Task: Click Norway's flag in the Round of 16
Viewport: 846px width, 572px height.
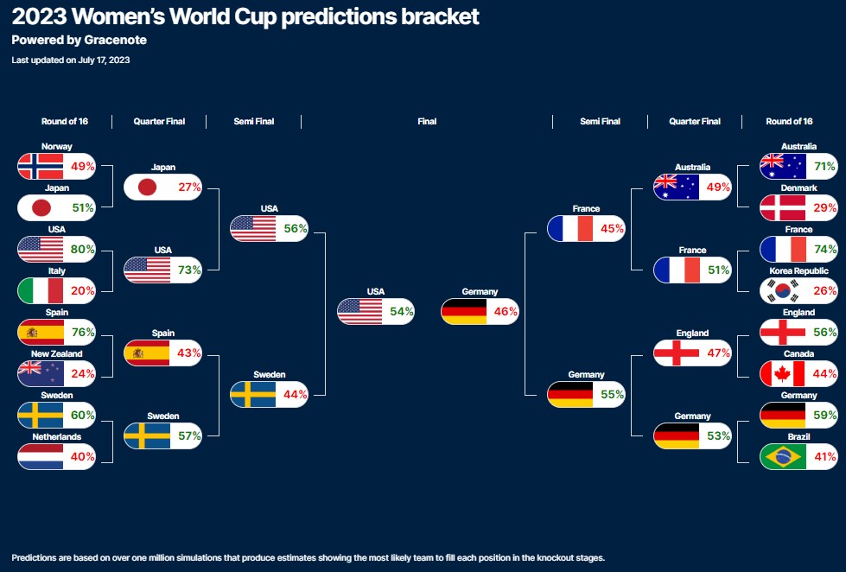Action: (x=41, y=166)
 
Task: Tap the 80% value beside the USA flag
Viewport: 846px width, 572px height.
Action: (x=83, y=250)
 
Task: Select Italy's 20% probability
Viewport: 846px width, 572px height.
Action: (x=83, y=291)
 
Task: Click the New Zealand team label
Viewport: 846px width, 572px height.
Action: (x=57, y=354)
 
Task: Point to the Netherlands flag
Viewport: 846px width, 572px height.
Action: (x=41, y=456)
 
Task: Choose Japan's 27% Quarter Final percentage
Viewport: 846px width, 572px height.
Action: (x=189, y=187)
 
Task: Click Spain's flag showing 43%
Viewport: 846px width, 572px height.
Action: (x=147, y=353)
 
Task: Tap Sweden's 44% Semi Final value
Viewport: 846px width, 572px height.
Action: (x=296, y=395)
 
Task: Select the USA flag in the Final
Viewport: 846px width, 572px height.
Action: (x=359, y=311)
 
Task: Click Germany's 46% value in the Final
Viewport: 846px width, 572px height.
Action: (x=506, y=311)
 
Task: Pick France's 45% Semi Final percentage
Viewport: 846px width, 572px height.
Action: (x=612, y=229)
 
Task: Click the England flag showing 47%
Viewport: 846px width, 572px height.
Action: (x=677, y=353)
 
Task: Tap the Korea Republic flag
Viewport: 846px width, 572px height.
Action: (x=783, y=291)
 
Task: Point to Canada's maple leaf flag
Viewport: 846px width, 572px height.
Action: (x=783, y=373)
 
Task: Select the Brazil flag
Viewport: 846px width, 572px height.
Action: (x=783, y=456)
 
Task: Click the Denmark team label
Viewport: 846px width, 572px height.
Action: (x=798, y=188)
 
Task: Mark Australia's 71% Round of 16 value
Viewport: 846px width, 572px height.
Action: (x=825, y=166)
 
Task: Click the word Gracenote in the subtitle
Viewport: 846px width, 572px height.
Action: (x=116, y=40)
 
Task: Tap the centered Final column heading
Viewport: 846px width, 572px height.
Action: (x=427, y=122)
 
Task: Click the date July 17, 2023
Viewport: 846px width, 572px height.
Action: (x=105, y=60)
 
